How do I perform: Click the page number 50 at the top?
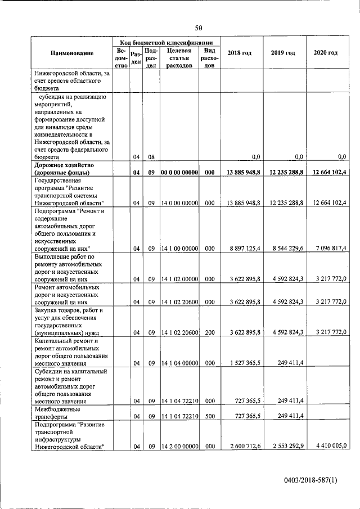click(198, 28)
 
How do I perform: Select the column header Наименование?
click(71, 53)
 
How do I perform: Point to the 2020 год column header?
click(325, 53)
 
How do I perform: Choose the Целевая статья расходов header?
click(177, 57)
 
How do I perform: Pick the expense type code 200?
click(209, 332)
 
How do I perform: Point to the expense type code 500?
click(209, 416)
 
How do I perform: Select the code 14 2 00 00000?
click(178, 447)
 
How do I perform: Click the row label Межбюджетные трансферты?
click(59, 412)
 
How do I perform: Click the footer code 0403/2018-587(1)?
click(310, 479)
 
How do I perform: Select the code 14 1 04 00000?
click(178, 363)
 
